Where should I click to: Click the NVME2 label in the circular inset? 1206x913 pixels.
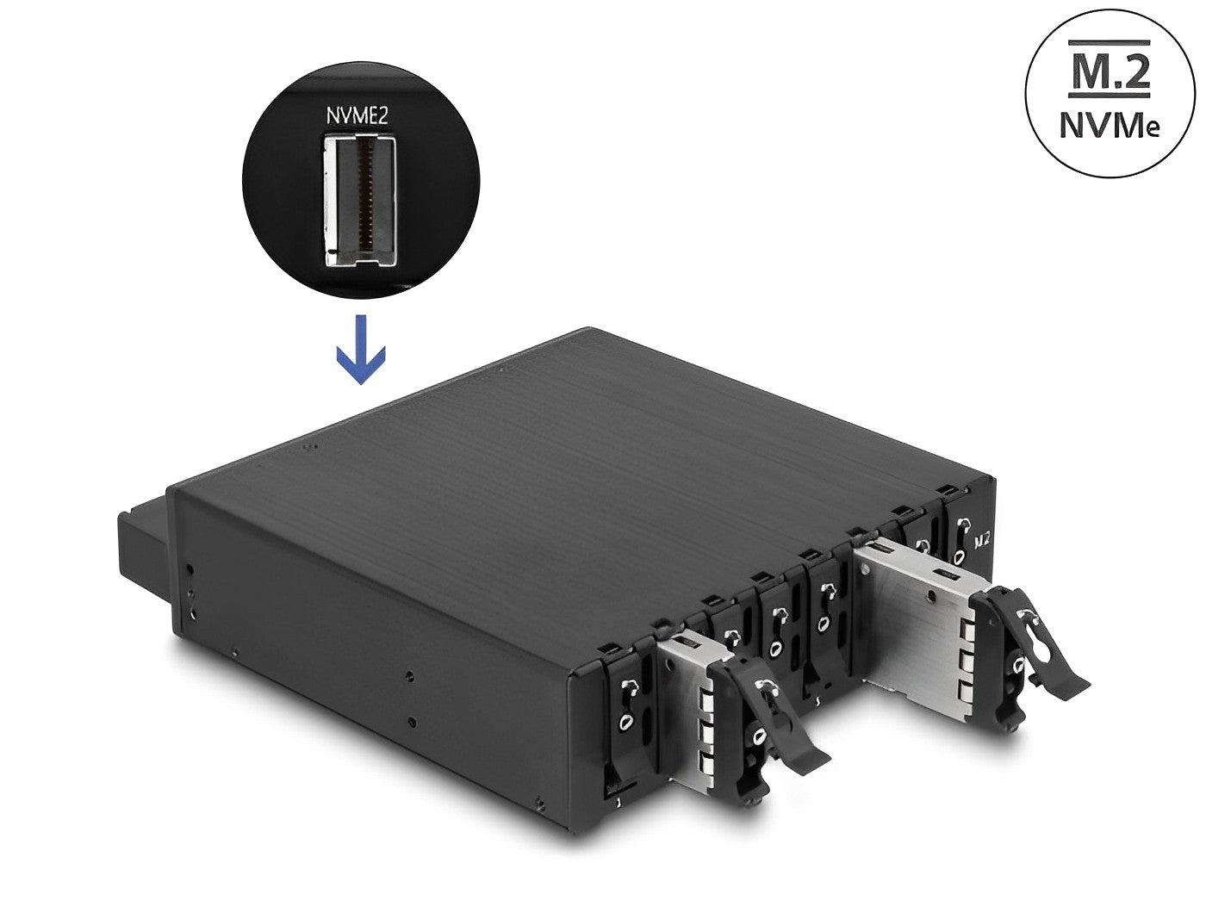point(357,116)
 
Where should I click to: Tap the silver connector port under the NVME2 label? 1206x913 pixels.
point(360,201)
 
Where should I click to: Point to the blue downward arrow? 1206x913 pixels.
point(360,349)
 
